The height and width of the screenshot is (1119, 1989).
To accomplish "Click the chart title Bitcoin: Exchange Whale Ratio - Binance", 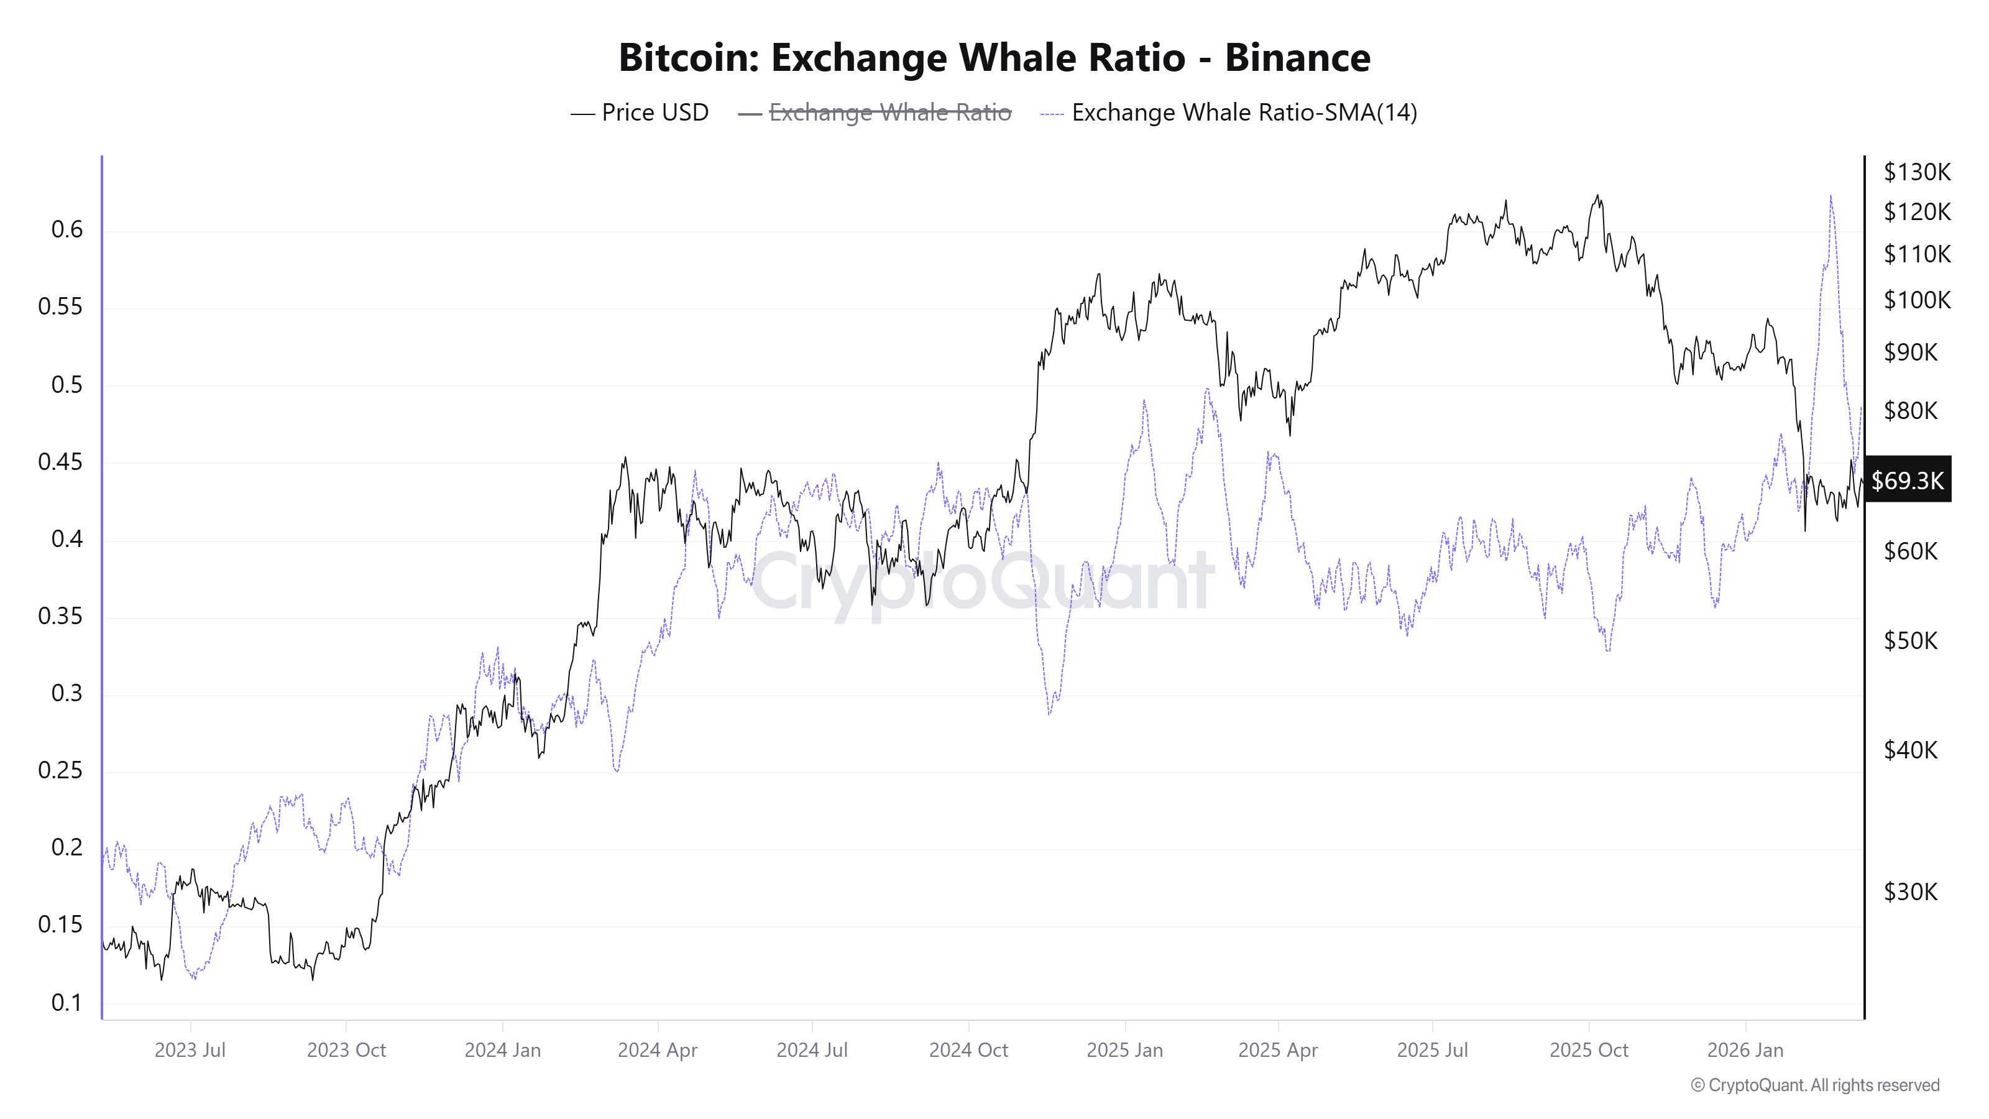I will tap(994, 58).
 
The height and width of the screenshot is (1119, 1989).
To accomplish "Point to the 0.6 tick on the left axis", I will tap(67, 229).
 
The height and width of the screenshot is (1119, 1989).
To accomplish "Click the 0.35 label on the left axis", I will tap(60, 616).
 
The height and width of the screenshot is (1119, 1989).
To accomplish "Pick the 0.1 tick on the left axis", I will tap(67, 1002).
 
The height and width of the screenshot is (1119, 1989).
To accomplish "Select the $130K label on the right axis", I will tap(1916, 172).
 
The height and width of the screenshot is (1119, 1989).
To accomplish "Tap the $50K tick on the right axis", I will tap(1910, 640).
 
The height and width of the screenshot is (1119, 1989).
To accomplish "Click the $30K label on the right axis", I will tap(1910, 892).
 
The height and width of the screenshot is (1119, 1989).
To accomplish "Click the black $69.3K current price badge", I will tap(1907, 481).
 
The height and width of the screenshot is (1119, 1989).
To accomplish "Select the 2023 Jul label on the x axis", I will tap(190, 1050).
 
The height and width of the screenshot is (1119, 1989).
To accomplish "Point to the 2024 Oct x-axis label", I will tap(968, 1050).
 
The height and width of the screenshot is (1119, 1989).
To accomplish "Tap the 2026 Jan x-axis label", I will tap(1745, 1050).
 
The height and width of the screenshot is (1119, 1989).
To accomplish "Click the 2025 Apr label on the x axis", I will tap(1278, 1050).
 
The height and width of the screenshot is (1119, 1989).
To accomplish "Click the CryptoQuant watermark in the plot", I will tap(982, 581).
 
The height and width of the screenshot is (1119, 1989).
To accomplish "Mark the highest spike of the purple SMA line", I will tap(1830, 196).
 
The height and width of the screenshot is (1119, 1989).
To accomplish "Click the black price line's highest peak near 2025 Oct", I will tap(1597, 195).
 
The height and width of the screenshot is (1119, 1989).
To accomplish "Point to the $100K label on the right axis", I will tap(1916, 300).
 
